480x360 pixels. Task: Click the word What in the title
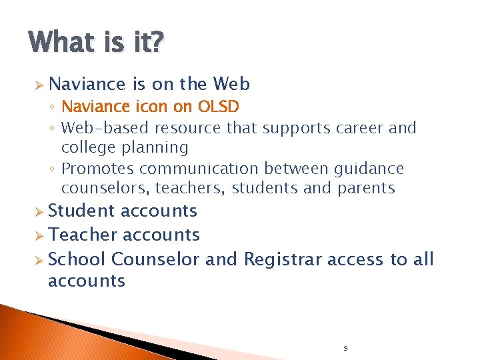pos(62,43)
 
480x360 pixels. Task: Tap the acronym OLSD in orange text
pos(218,107)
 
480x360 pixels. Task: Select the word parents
pos(367,189)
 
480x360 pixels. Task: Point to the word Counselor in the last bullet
pos(155,259)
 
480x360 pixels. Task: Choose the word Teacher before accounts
pos(79,235)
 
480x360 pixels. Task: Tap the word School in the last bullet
pos(77,259)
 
